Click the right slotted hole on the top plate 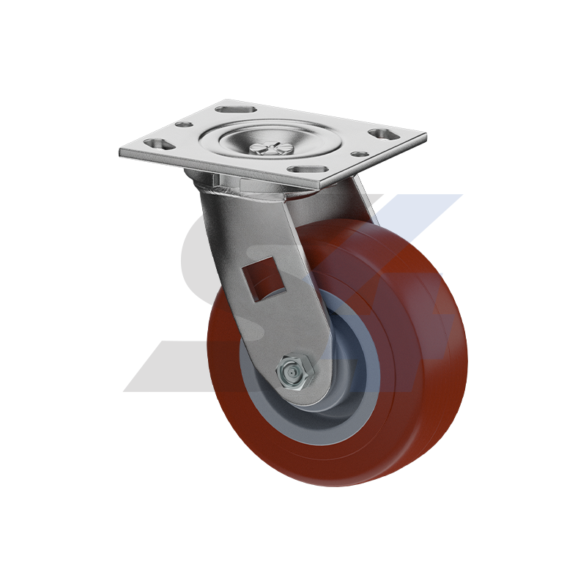coord(379,135)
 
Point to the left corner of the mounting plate coord(121,151)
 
